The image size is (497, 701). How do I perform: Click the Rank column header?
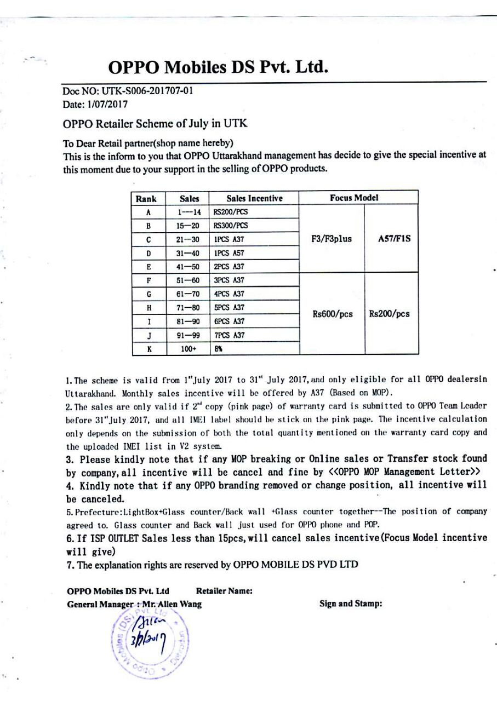(146, 198)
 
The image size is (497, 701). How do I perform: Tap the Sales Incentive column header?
(254, 198)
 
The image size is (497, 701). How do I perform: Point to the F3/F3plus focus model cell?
(332, 239)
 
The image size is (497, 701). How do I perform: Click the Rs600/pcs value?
(332, 314)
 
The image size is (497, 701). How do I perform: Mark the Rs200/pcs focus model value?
(389, 314)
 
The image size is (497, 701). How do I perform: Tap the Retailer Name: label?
(224, 591)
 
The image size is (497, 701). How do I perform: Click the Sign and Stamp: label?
(350, 604)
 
